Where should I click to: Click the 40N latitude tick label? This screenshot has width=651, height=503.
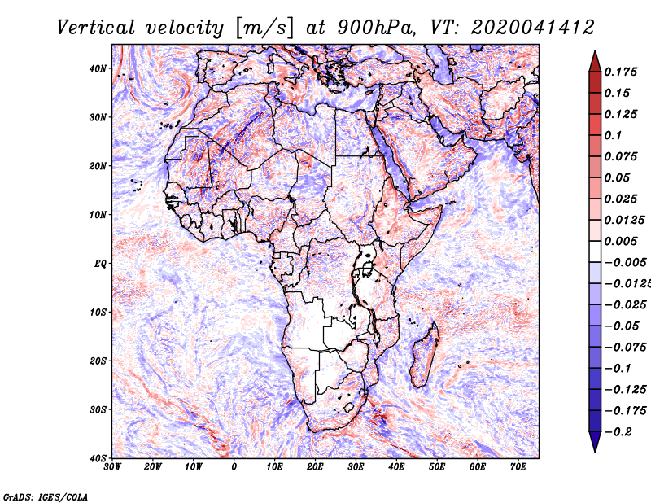point(98,68)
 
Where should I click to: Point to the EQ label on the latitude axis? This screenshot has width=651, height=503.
point(100,264)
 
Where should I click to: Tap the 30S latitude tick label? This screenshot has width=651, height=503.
point(98,410)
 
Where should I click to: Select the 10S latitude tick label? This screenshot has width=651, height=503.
point(98,313)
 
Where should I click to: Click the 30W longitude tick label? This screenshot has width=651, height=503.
point(112,467)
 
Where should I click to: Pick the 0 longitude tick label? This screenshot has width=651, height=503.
point(234,467)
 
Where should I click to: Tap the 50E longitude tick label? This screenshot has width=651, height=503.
point(437,467)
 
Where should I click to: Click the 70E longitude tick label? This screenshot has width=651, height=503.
point(518,467)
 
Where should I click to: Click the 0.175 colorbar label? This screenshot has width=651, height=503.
point(620,72)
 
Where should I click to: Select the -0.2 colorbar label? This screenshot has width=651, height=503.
point(618,431)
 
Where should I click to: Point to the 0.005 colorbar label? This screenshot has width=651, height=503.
point(620,241)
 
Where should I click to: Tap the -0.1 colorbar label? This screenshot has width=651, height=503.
point(618,369)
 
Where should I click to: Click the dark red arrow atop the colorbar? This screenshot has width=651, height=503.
point(595,63)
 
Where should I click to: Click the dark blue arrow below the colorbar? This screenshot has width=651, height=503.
point(595,441)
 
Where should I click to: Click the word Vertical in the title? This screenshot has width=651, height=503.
point(96,28)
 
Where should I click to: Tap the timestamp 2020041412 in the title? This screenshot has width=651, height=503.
point(533,28)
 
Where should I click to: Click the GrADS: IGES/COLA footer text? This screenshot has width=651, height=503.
point(46,496)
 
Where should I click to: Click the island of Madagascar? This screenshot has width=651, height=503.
point(424,354)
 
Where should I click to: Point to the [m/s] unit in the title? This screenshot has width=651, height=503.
point(264,28)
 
